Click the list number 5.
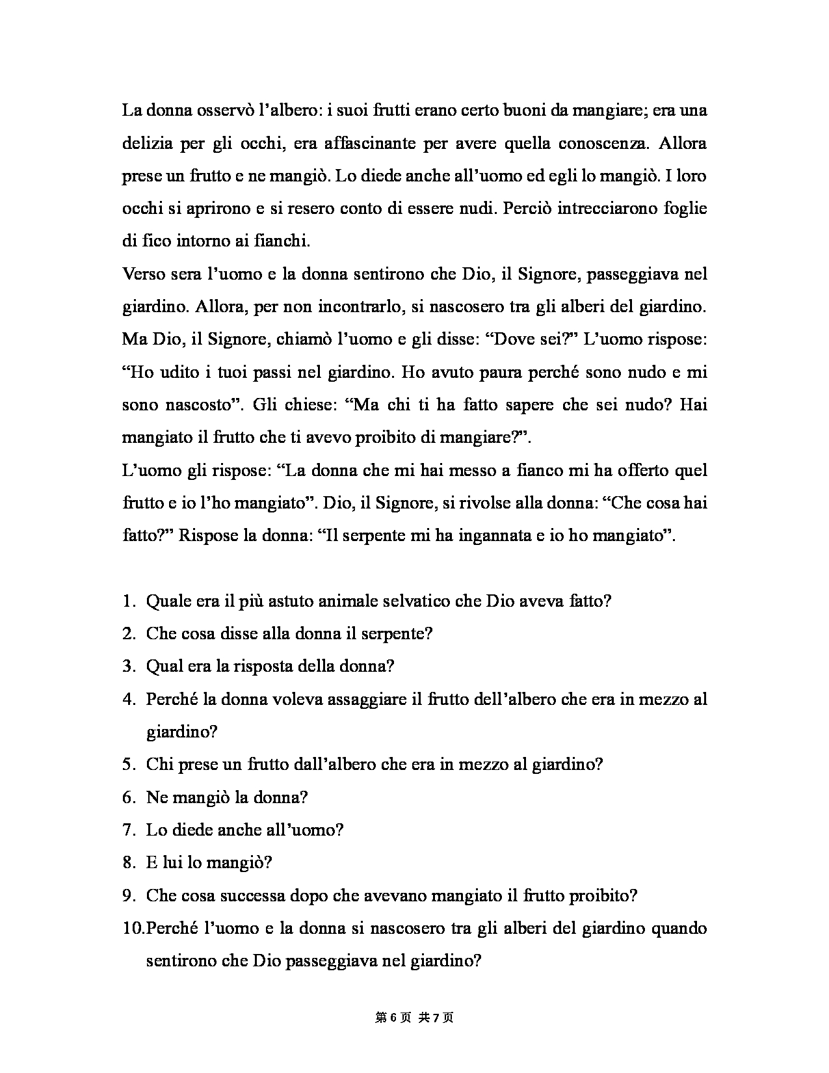point(128,764)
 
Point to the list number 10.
point(132,928)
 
